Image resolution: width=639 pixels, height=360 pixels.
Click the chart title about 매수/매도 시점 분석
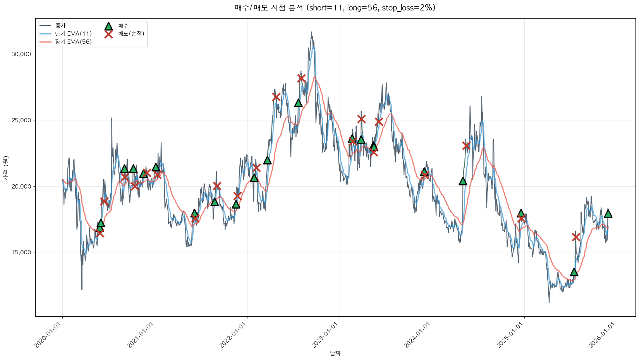pos(335,8)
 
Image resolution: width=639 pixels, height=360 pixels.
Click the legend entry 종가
pos(60,26)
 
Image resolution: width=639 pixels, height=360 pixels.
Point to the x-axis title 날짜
pos(335,353)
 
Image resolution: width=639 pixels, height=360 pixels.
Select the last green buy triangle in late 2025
pos(608,213)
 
